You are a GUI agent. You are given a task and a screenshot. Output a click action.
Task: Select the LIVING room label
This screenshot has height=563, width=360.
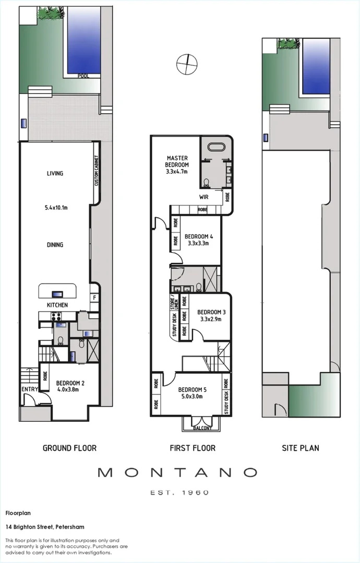[x=55, y=174]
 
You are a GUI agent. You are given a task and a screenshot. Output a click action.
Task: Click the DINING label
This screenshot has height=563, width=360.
[x=55, y=245]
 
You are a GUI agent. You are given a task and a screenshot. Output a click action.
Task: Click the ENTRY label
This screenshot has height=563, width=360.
[x=29, y=389]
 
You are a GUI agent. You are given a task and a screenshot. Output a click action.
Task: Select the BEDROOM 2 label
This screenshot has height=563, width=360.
[x=70, y=382]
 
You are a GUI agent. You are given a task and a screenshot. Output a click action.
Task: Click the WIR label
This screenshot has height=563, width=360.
[x=204, y=197]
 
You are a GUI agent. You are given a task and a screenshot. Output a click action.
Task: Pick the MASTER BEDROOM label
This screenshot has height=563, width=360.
[x=177, y=161]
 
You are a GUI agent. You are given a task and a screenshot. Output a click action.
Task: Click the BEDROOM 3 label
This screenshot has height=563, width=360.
[x=211, y=313]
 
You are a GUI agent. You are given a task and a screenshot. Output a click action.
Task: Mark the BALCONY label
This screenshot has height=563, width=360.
[x=202, y=428]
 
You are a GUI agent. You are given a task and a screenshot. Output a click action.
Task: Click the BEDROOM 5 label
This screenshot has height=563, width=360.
[x=192, y=389]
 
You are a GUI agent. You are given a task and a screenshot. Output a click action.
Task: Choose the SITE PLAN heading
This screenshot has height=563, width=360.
[x=301, y=447]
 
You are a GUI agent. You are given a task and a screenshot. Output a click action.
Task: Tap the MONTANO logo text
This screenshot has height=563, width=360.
[x=177, y=472]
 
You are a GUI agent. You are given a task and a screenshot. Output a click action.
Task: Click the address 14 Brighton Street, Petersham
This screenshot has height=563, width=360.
[x=44, y=527]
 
